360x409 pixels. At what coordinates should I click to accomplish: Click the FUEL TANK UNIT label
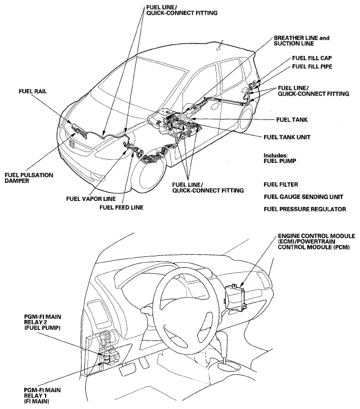click(287, 137)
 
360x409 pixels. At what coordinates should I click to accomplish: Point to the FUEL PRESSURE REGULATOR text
click(305, 209)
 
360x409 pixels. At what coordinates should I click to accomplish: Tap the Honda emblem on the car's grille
click(73, 143)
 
